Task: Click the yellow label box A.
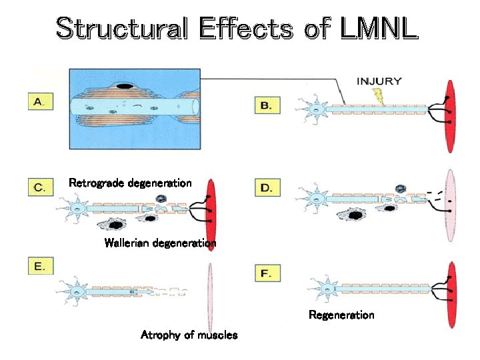tap(40, 102)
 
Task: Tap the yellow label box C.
tap(40, 187)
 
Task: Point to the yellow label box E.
tap(40, 267)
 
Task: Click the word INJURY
tap(379, 82)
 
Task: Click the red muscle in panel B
tap(451, 109)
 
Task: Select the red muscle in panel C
tap(211, 207)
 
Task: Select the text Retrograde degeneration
tap(130, 183)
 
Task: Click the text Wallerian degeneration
tap(160, 243)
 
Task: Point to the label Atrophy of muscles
tap(189, 335)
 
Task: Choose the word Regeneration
tap(341, 315)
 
